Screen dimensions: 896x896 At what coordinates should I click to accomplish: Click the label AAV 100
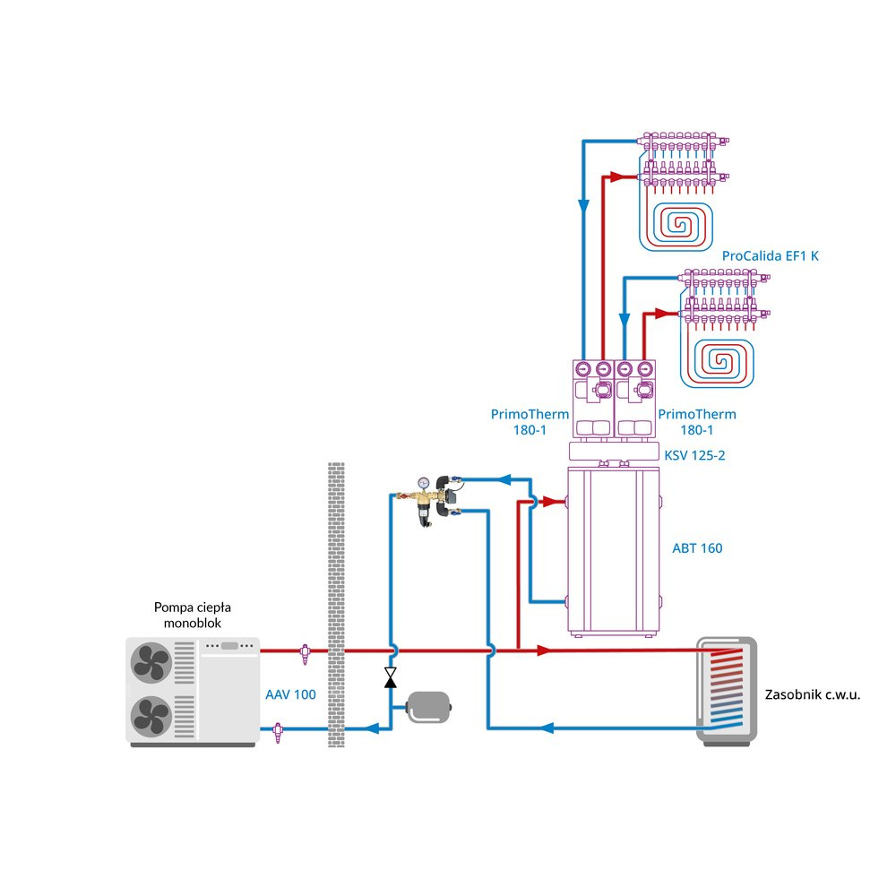point(290,694)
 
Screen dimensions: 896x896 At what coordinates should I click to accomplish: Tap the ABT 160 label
point(697,548)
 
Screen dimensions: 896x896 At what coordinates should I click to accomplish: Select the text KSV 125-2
point(694,455)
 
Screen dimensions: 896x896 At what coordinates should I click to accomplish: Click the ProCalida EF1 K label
point(770,256)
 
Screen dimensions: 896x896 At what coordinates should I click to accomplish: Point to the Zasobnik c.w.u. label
point(813,694)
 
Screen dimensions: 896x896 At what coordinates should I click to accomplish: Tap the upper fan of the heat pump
point(151,663)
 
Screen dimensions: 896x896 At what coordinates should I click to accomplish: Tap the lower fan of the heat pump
point(151,716)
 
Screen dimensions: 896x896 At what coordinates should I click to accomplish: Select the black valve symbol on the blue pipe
point(391,677)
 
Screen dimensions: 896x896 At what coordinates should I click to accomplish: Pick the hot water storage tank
point(727,689)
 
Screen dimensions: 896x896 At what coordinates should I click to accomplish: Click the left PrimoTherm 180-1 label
point(530,422)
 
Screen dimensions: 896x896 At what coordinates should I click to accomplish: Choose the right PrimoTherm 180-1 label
point(697,422)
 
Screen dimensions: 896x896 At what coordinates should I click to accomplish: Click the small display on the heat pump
point(229,645)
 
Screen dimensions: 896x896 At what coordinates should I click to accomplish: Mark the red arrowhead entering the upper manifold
point(617,177)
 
